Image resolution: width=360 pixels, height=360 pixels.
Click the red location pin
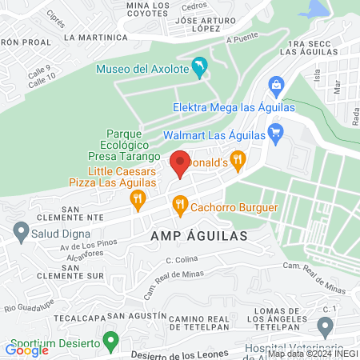[x=180, y=162]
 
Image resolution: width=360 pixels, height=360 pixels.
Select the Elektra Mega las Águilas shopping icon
[x=276, y=84]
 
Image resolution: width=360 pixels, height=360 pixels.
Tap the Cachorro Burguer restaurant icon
[x=180, y=206]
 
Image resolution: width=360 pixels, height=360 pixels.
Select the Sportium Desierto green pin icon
[x=112, y=339]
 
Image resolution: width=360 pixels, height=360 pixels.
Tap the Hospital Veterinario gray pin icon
[x=325, y=326]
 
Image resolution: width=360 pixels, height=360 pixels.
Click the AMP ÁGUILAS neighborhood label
[x=195, y=237]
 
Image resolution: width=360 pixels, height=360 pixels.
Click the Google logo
[x=26, y=350]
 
